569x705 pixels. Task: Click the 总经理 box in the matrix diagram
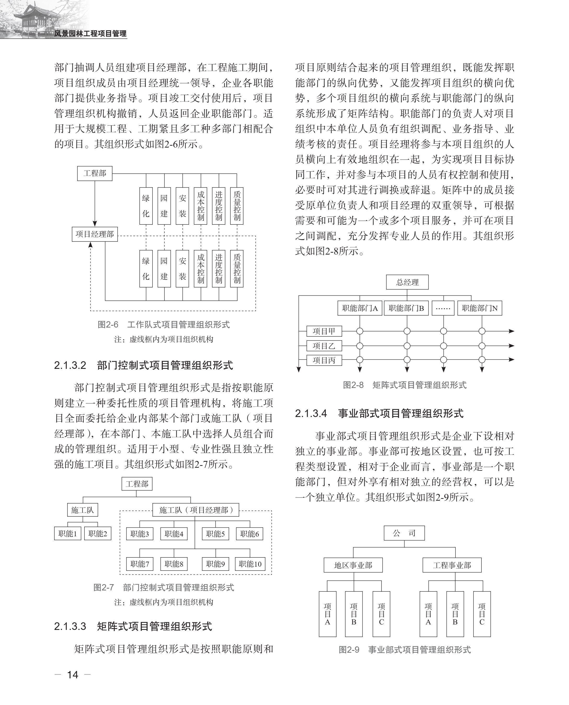click(407, 282)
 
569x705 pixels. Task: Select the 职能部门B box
click(406, 308)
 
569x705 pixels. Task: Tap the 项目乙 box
click(324, 346)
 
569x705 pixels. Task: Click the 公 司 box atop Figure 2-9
click(404, 533)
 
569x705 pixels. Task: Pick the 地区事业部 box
click(353, 565)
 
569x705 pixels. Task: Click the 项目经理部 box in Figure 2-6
click(95, 234)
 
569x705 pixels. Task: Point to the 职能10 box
click(250, 564)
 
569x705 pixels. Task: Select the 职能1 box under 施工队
click(67, 533)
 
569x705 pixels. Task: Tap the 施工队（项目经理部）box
click(196, 510)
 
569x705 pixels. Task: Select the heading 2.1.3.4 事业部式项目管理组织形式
click(379, 413)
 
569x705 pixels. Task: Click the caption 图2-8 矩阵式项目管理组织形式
click(405, 385)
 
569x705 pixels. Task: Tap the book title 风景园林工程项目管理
click(90, 33)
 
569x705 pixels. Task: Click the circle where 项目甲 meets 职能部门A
click(360, 331)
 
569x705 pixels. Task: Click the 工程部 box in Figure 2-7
click(137, 484)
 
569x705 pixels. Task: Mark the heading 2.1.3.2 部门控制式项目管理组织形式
click(144, 365)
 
